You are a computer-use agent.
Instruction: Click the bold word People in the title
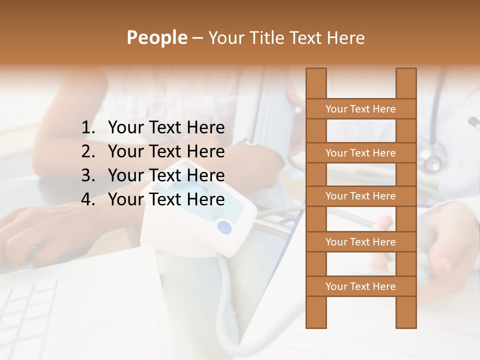point(156,38)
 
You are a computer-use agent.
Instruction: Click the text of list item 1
point(166,128)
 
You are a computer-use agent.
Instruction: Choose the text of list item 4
point(166,199)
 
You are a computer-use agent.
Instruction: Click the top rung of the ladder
point(360,109)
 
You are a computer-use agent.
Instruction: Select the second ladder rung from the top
point(360,153)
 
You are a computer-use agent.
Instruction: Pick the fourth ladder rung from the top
point(360,242)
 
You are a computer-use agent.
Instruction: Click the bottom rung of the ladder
point(360,286)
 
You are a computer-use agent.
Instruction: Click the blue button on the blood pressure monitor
point(224,228)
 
